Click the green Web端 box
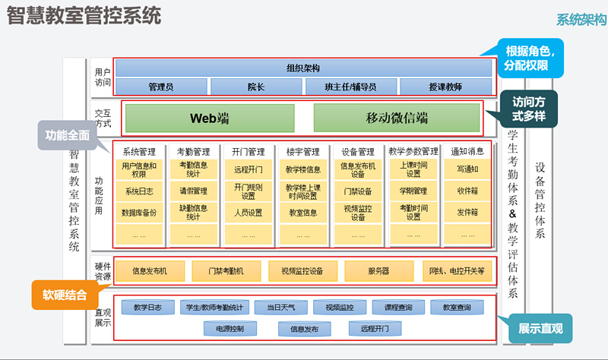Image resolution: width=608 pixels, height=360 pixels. pyautogui.click(x=209, y=118)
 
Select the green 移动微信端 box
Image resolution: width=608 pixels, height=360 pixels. pyautogui.click(x=396, y=118)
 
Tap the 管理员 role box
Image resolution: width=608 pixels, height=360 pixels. pyautogui.click(x=160, y=87)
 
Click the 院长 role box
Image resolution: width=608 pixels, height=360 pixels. pyautogui.click(x=255, y=87)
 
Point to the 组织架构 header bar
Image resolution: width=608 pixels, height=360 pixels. pyautogui.click(x=302, y=68)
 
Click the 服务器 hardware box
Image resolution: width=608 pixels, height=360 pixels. pyautogui.click(x=378, y=270)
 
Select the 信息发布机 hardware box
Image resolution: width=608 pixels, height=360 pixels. pyautogui.click(x=149, y=270)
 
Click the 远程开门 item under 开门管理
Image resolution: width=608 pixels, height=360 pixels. pyautogui.click(x=249, y=169)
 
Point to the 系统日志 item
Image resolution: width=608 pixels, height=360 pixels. pyautogui.click(x=140, y=191)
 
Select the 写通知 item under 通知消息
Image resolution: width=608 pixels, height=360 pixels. pyautogui.click(x=467, y=169)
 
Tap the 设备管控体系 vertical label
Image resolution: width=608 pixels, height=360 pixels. pyautogui.click(x=540, y=200)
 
